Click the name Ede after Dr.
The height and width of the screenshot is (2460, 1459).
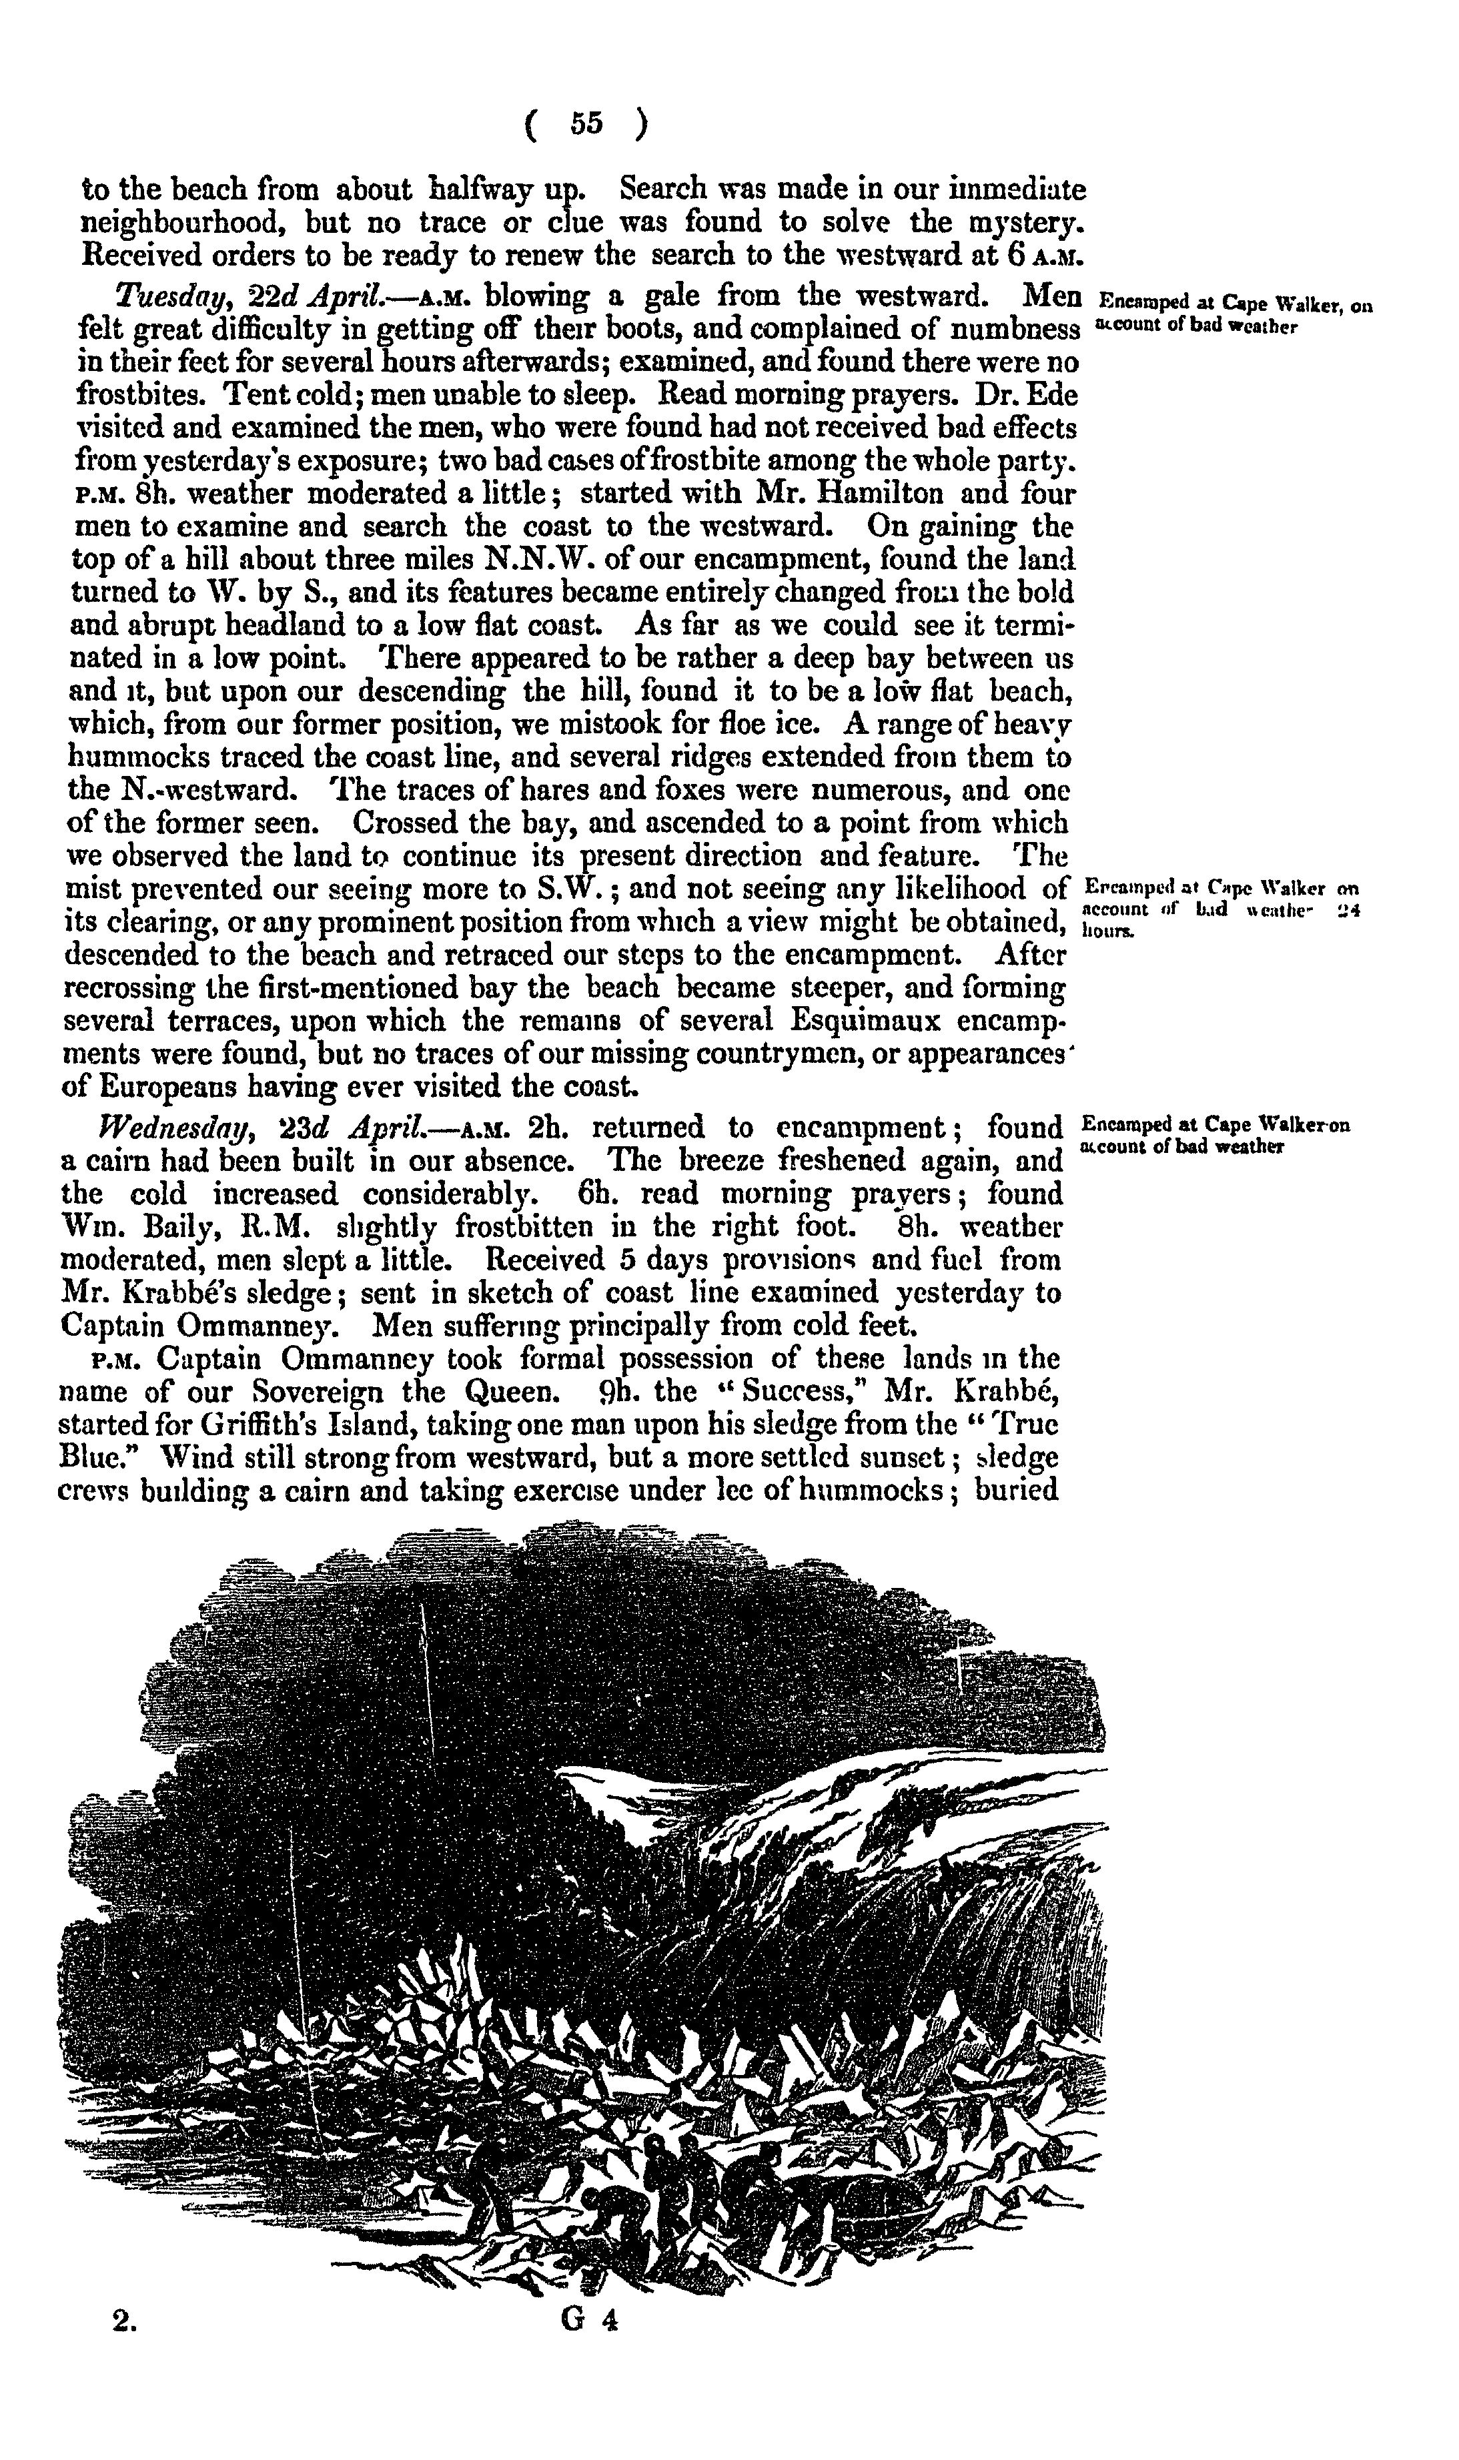(1054, 394)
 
